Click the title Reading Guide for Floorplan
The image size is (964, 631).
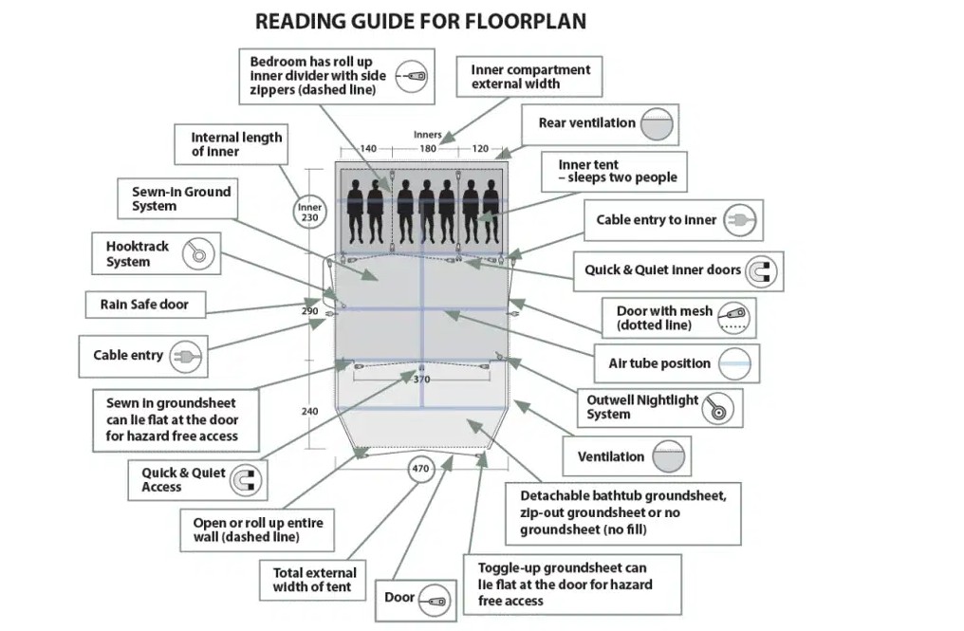[x=420, y=21]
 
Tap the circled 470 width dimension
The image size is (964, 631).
[x=421, y=469]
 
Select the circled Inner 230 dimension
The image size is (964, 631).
[x=310, y=212]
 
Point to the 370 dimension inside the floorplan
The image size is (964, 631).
[x=421, y=379]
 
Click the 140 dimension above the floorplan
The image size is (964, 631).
[x=368, y=149]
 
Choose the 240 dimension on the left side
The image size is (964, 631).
[x=309, y=411]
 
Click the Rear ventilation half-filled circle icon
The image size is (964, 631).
[x=657, y=124]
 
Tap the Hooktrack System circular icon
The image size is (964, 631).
[x=197, y=253]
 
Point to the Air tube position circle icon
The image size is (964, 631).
[x=734, y=363]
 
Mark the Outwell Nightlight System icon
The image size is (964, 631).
[x=719, y=408]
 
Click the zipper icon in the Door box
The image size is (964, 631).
[x=436, y=599]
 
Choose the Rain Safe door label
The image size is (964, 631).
[x=144, y=305]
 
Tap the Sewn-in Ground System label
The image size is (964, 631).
[x=181, y=198]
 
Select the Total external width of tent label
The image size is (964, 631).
[x=315, y=580]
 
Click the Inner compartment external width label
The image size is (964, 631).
[x=530, y=77]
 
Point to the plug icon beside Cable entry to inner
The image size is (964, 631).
[x=739, y=220]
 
